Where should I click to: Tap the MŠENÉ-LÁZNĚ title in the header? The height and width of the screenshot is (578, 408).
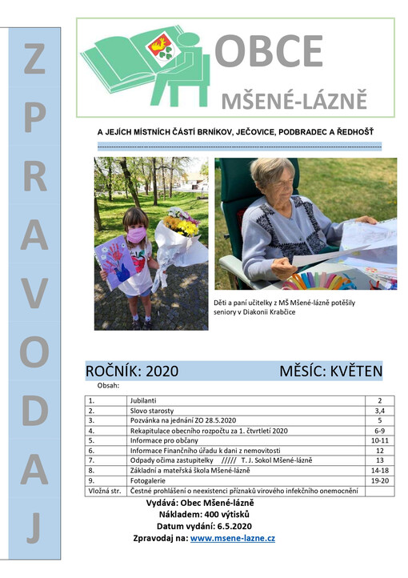294,101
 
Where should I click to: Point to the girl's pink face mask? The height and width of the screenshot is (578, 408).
137,234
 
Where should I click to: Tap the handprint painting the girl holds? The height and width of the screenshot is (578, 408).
118,264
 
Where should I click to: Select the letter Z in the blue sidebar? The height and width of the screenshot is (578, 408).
34,61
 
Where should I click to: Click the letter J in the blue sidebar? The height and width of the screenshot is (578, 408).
34,527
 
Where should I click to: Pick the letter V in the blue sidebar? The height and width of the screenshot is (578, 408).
34,295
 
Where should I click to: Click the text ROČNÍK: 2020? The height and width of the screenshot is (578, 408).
131,371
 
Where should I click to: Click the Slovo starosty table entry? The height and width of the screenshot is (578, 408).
151,409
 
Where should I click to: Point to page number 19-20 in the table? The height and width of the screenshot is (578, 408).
378,480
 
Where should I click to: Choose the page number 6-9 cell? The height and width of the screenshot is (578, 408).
378,430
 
